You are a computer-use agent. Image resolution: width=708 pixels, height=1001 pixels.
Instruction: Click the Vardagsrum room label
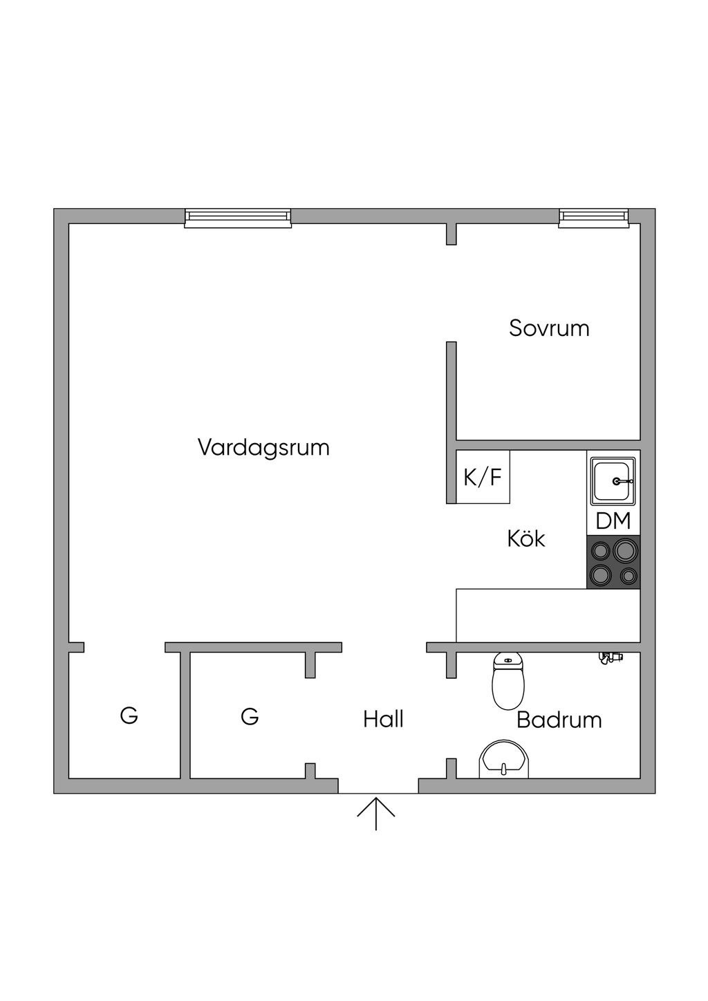(x=263, y=447)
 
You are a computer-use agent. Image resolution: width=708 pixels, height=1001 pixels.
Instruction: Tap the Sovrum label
(x=549, y=328)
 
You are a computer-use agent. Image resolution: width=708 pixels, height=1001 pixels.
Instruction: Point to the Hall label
(x=383, y=719)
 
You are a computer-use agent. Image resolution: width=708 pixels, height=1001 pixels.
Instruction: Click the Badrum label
(x=559, y=720)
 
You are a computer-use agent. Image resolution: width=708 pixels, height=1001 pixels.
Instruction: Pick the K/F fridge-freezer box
(x=483, y=477)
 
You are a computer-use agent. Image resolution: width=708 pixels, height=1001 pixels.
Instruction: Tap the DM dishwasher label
(x=613, y=521)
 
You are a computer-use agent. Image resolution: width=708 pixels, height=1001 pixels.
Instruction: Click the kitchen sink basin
(x=613, y=480)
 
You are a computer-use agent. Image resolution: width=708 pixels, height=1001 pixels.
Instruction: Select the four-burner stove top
(x=613, y=562)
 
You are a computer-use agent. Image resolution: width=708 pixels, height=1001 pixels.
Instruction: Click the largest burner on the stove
(x=625, y=550)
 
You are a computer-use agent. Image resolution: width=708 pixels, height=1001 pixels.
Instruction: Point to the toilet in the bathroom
(x=507, y=680)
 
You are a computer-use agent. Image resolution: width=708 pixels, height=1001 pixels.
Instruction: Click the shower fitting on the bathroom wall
(x=611, y=657)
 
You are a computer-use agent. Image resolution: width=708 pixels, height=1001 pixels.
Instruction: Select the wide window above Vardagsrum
(x=238, y=218)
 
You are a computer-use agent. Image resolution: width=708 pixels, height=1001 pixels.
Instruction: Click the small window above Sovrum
(x=594, y=218)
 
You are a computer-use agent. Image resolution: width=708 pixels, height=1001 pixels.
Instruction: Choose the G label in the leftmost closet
(x=129, y=715)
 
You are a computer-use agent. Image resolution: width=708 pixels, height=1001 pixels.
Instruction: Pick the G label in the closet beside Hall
(x=250, y=716)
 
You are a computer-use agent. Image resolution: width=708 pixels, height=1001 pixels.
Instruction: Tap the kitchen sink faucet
(x=623, y=481)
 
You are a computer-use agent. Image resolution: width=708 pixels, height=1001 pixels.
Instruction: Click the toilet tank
(x=507, y=659)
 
